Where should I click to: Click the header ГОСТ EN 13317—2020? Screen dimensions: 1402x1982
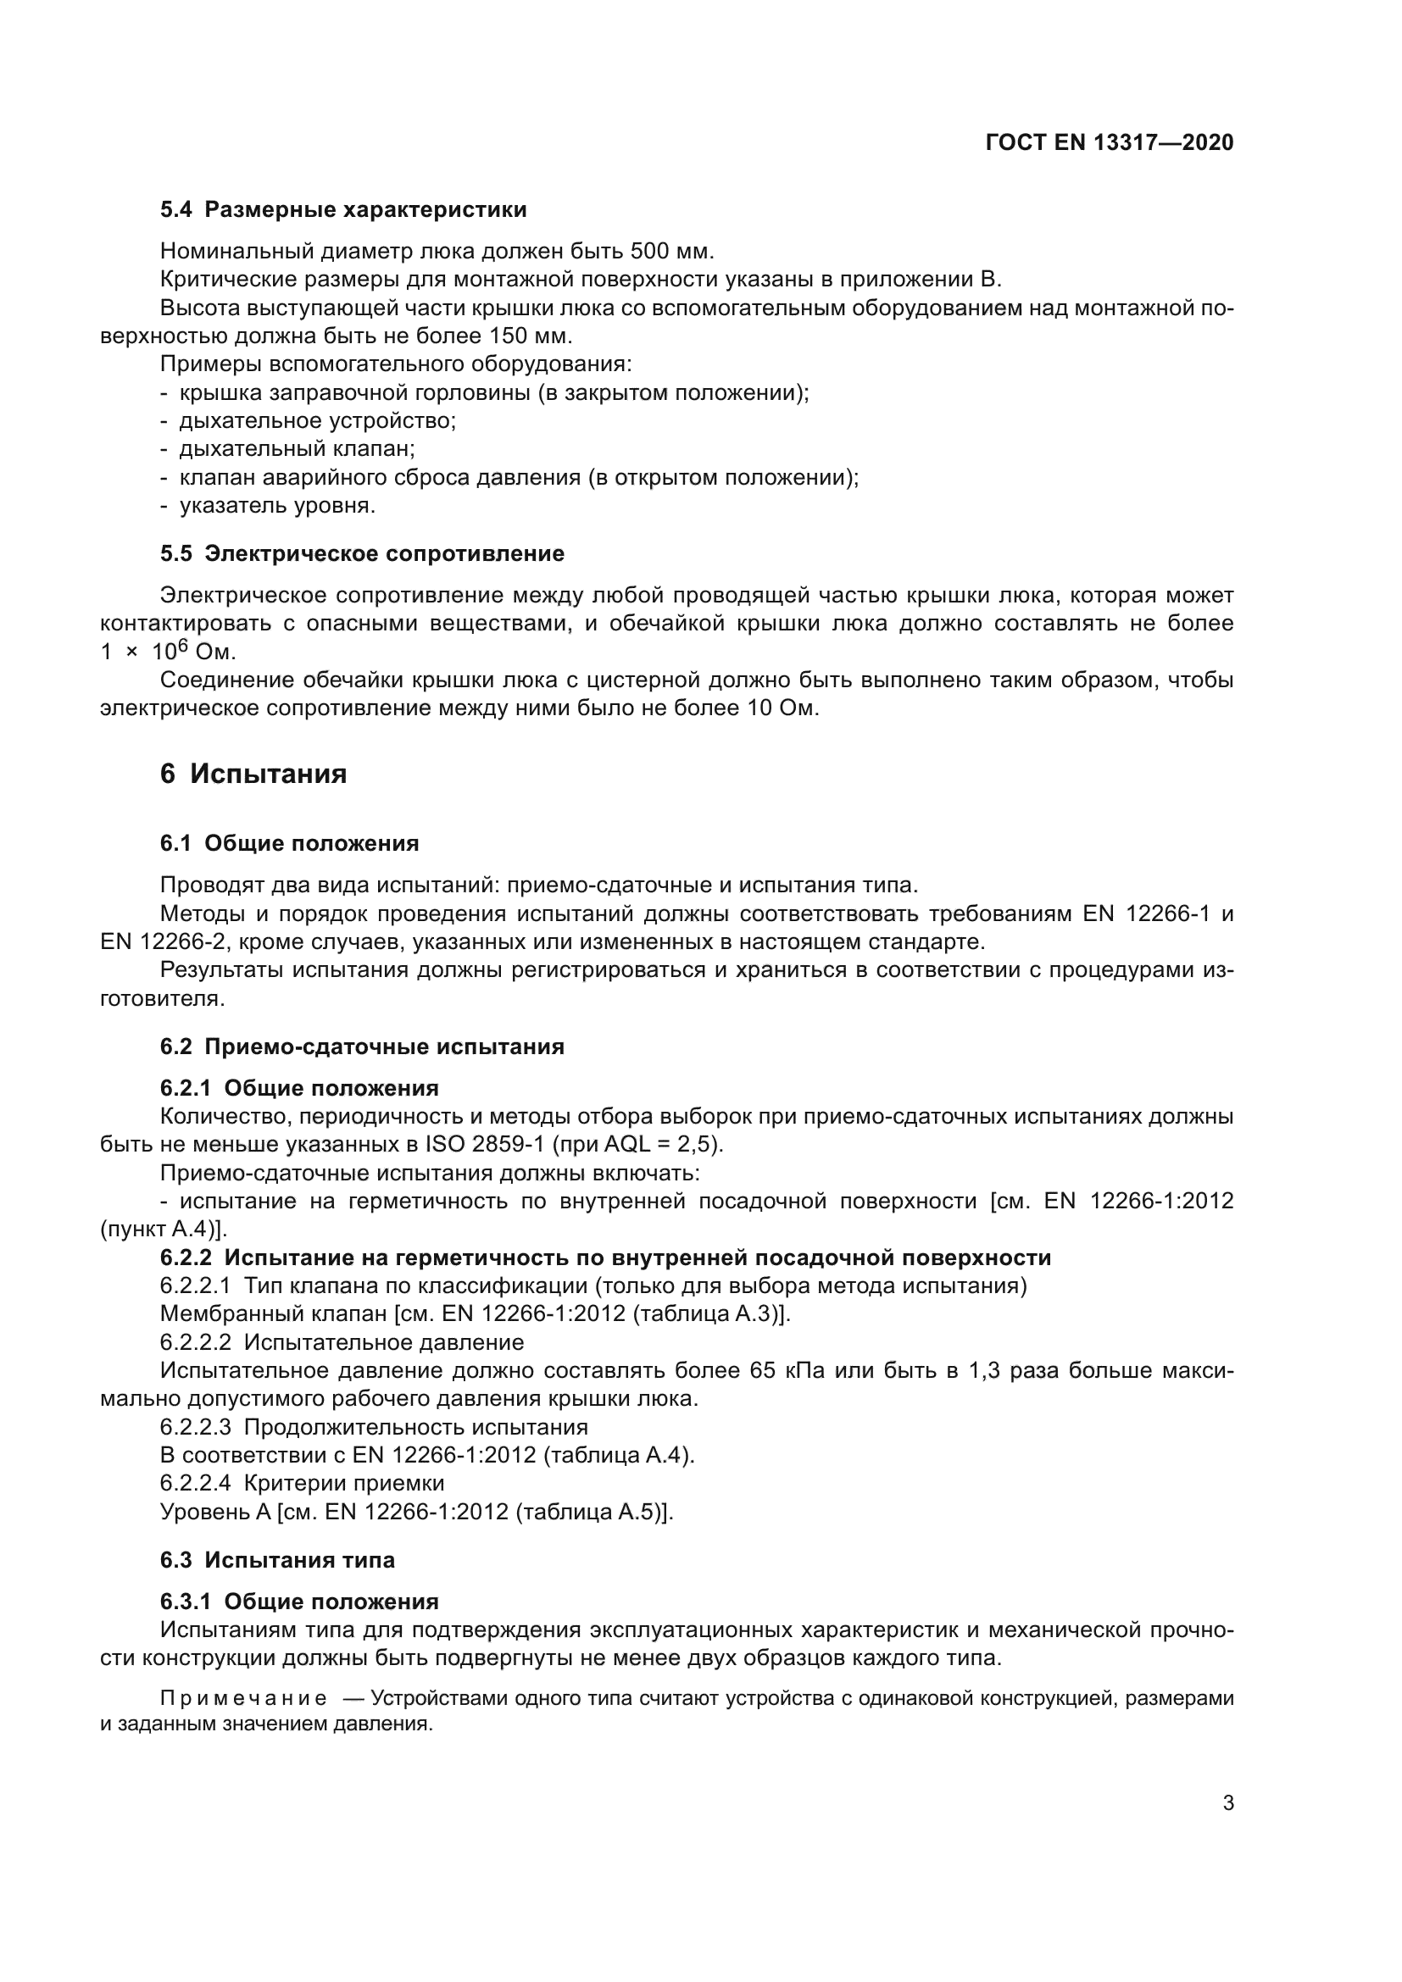[x=1109, y=143]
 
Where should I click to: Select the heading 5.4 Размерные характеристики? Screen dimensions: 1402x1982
[x=342, y=210]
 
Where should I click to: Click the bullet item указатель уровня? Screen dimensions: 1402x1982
[x=276, y=506]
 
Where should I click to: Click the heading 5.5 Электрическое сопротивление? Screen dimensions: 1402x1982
[x=362, y=553]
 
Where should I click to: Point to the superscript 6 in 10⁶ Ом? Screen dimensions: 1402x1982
[x=183, y=644]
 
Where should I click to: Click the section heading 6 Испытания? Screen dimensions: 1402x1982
[x=253, y=774]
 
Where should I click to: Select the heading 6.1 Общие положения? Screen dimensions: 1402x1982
[x=289, y=843]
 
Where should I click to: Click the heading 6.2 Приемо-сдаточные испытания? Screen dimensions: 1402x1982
[x=362, y=1047]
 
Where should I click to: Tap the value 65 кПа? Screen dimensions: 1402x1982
[x=787, y=1371]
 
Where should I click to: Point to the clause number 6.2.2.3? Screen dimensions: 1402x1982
[x=195, y=1427]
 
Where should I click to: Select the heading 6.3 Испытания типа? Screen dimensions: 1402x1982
[x=277, y=1560]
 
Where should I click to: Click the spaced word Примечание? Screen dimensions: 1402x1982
[x=243, y=1699]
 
